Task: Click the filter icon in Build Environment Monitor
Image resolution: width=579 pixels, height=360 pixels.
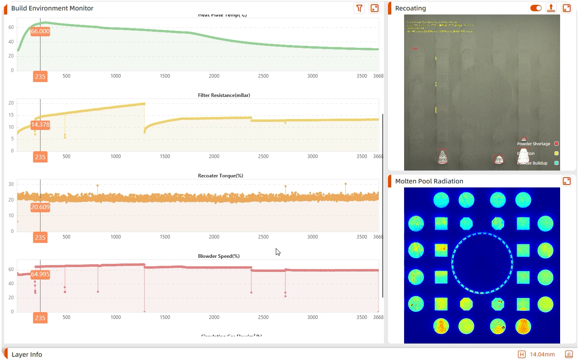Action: pos(359,8)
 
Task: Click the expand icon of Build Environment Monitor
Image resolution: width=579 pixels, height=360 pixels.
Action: pos(374,8)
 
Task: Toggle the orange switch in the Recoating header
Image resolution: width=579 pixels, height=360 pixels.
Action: pos(536,8)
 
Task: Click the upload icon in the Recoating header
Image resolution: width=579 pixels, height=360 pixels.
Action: pos(551,8)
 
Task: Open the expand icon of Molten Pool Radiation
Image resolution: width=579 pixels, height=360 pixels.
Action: pos(567,181)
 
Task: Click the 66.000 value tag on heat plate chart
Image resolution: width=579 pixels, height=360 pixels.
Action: pos(40,31)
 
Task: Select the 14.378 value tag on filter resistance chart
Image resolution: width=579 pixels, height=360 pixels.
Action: pos(40,125)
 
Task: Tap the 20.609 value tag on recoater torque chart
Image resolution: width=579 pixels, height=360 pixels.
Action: pos(40,207)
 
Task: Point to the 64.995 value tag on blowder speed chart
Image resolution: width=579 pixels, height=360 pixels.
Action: pos(40,274)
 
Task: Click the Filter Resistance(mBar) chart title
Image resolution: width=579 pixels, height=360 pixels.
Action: pos(224,95)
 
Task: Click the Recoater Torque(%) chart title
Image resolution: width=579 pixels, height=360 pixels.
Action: pos(220,176)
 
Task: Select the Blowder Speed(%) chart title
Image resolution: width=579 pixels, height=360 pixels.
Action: pos(219,256)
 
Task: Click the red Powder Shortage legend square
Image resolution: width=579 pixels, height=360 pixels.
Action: pos(556,144)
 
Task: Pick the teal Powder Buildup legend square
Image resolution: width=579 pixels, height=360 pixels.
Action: pos(556,163)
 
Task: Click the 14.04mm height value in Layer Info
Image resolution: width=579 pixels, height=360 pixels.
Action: pos(542,354)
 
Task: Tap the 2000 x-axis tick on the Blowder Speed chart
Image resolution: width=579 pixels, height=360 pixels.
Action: pos(214,317)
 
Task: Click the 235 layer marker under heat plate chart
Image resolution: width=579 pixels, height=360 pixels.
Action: pos(40,76)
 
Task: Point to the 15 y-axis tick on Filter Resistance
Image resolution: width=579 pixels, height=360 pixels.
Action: pos(11,115)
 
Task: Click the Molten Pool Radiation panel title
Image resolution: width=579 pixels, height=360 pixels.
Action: pos(429,181)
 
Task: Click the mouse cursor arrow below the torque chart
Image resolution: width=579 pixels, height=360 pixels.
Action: pos(277,251)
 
